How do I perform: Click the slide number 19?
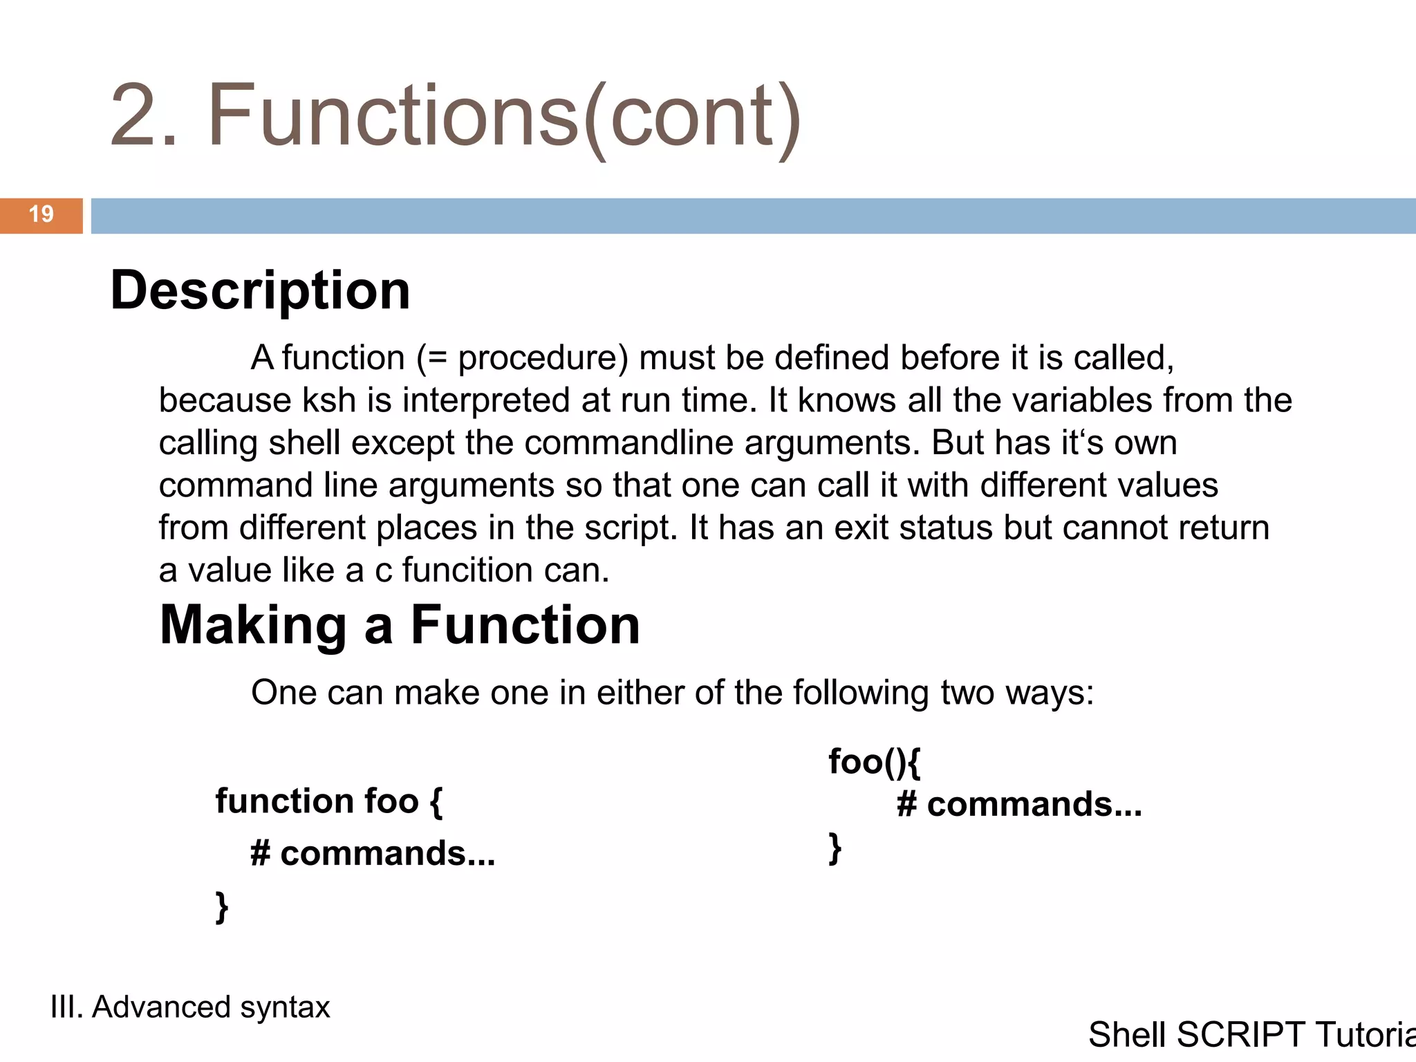tap(41, 214)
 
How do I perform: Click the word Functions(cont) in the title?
tap(504, 116)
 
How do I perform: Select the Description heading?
tap(260, 290)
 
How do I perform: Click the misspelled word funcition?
tap(467, 570)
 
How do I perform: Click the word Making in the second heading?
tap(253, 625)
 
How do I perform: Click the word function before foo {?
tap(283, 801)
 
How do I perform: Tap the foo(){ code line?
tap(874, 762)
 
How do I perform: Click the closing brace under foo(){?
tap(835, 848)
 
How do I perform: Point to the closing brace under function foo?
tap(221, 907)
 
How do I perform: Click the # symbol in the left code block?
tap(260, 854)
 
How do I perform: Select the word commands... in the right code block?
tap(1034, 805)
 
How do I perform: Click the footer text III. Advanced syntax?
tap(190, 1007)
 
